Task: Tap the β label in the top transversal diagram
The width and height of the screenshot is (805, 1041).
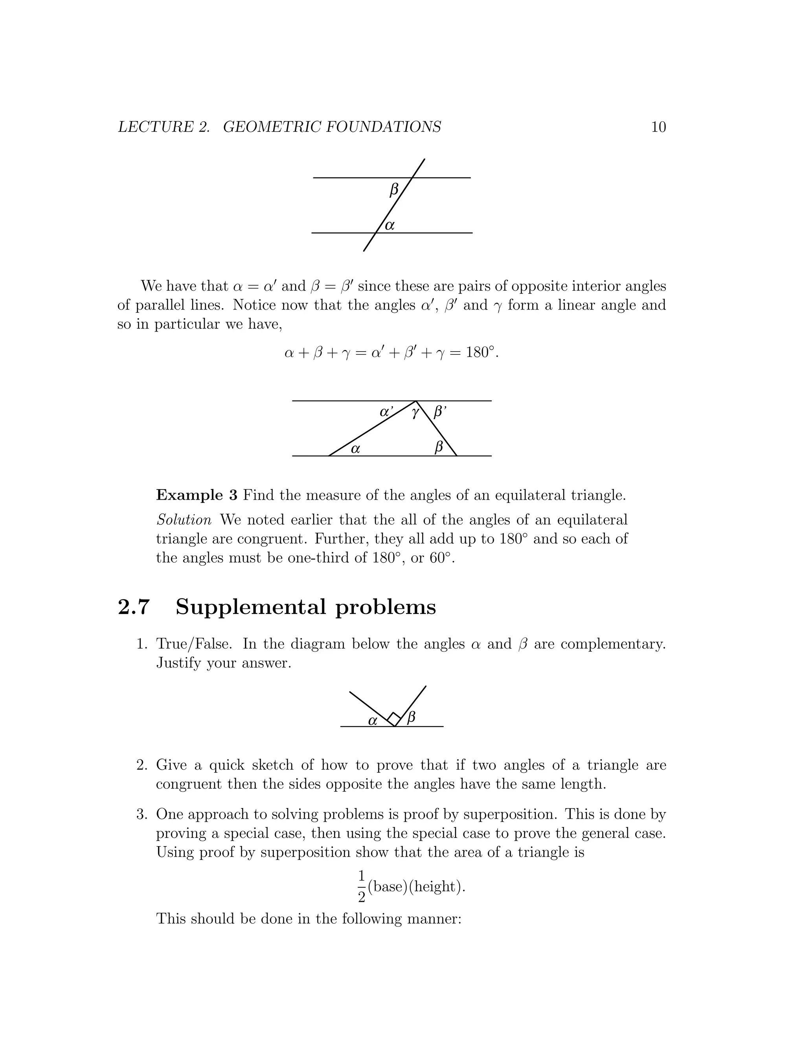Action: pyautogui.click(x=394, y=191)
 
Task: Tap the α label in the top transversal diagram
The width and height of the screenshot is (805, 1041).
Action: pyautogui.click(x=390, y=225)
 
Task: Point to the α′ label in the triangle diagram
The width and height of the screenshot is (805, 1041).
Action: pyautogui.click(x=386, y=412)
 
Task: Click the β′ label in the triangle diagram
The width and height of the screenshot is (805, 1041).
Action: pyautogui.click(x=440, y=412)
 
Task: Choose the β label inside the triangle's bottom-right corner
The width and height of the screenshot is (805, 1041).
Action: pyautogui.click(x=439, y=447)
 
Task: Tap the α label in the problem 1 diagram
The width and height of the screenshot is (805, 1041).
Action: pyautogui.click(x=373, y=721)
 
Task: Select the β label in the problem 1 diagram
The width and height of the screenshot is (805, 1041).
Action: pyautogui.click(x=411, y=717)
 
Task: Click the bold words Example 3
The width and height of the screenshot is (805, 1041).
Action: pyautogui.click(x=197, y=495)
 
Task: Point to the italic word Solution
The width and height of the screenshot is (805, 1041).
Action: pyautogui.click(x=184, y=520)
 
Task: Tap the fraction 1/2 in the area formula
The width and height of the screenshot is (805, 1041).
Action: pyautogui.click(x=362, y=887)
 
